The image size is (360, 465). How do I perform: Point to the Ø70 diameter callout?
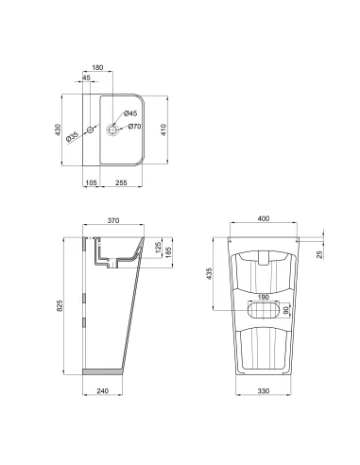point(133,126)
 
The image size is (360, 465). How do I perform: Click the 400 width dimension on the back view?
point(264,219)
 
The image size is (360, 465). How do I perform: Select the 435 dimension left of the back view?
point(211,272)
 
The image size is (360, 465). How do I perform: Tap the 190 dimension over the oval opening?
point(264,296)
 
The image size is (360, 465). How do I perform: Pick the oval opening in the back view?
point(264,308)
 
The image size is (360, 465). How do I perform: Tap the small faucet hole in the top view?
point(91,129)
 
